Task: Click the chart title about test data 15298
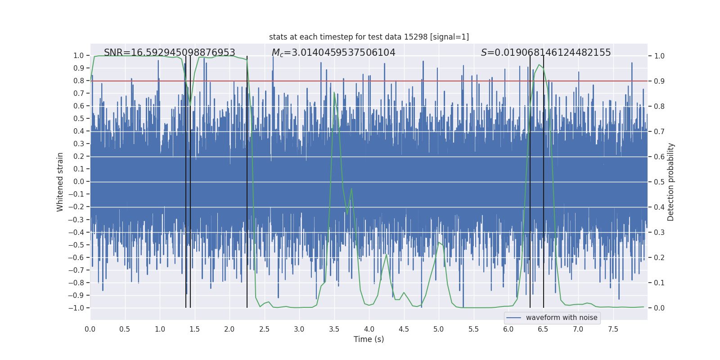pyautogui.click(x=369, y=37)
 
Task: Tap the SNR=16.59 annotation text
pyautogui.click(x=169, y=53)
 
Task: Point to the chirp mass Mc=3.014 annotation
pyautogui.click(x=333, y=53)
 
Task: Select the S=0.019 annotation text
pyautogui.click(x=545, y=53)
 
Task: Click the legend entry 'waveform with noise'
pyautogui.click(x=561, y=318)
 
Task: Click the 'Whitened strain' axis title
pyautogui.click(x=60, y=182)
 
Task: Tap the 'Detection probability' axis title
pyautogui.click(x=671, y=182)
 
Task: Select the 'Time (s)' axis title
pyautogui.click(x=369, y=339)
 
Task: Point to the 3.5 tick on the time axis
pyautogui.click(x=334, y=329)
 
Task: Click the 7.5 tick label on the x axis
pyautogui.click(x=613, y=329)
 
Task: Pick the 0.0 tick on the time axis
pyautogui.click(x=90, y=329)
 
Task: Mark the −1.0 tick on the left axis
pyautogui.click(x=76, y=308)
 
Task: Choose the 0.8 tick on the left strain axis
pyautogui.click(x=79, y=81)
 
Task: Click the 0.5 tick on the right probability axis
pyautogui.click(x=659, y=182)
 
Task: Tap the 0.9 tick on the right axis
pyautogui.click(x=659, y=81)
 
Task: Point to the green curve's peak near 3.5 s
pyautogui.click(x=334, y=93)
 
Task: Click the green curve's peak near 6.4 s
pyautogui.click(x=539, y=65)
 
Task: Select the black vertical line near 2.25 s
pyautogui.click(x=247, y=180)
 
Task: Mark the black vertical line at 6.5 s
pyautogui.click(x=544, y=180)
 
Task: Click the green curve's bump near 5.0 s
pyautogui.click(x=439, y=243)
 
